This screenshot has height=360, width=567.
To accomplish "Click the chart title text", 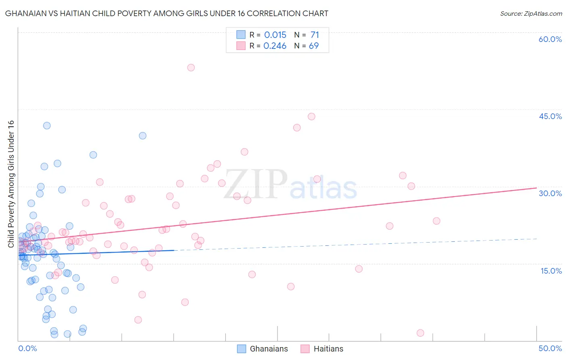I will [167, 13].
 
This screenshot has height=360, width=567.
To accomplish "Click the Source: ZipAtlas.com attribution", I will [531, 13].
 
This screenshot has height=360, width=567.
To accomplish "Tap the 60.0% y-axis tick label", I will [550, 39].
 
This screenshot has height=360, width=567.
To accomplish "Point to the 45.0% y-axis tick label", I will [550, 116].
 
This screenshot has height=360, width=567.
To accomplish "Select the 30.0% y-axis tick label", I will [550, 193].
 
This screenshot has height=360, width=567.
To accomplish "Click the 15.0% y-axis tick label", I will [551, 271].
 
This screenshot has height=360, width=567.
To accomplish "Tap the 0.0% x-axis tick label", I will [27, 348].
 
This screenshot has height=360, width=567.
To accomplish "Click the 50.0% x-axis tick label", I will [550, 348].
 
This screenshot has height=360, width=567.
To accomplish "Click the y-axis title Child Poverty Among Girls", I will [11, 184].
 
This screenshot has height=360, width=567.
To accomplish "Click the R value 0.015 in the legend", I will [275, 35].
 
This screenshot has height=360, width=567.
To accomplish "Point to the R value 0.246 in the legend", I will [275, 46].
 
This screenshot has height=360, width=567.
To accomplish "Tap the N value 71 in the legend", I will [315, 35].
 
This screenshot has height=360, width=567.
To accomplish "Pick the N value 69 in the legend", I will [314, 46].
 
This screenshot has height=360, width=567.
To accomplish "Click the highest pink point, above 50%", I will [191, 67].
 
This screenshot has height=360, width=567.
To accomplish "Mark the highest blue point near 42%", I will [47, 126].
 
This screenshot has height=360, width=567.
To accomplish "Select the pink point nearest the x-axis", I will [420, 333].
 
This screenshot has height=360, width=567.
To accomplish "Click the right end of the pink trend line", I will [536, 188].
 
